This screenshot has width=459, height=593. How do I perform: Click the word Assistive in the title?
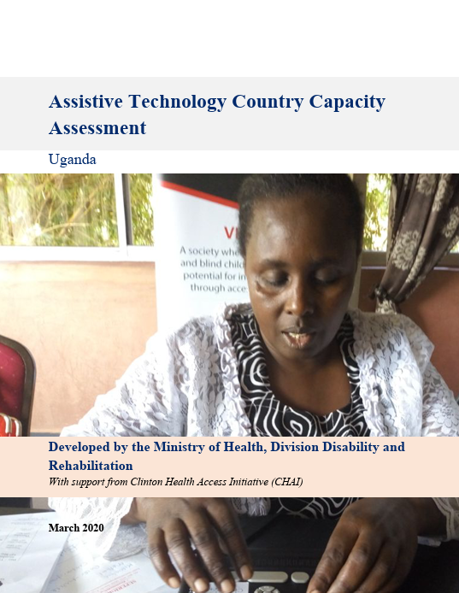[x=83, y=102]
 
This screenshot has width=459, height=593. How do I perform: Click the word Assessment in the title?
[x=97, y=128]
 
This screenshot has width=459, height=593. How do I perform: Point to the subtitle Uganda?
[x=73, y=160]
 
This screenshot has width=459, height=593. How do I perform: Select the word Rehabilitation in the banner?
[x=91, y=466]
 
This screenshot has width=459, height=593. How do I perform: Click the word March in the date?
[x=62, y=528]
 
